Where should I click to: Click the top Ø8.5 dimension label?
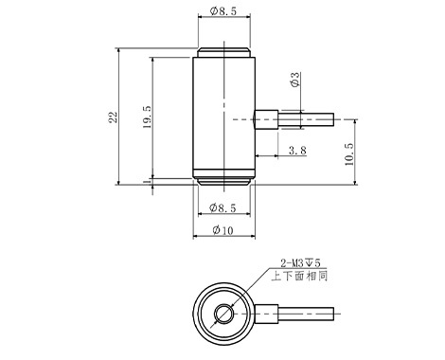222,11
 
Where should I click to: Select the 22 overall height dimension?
113,117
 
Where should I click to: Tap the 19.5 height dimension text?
147,117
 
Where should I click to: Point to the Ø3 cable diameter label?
294,80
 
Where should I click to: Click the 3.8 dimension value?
297,151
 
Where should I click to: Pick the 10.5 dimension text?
349,154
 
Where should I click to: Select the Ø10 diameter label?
222,230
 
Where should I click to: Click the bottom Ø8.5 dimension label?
222,208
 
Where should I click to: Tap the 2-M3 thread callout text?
300,262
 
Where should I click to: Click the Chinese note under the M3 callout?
299,276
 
